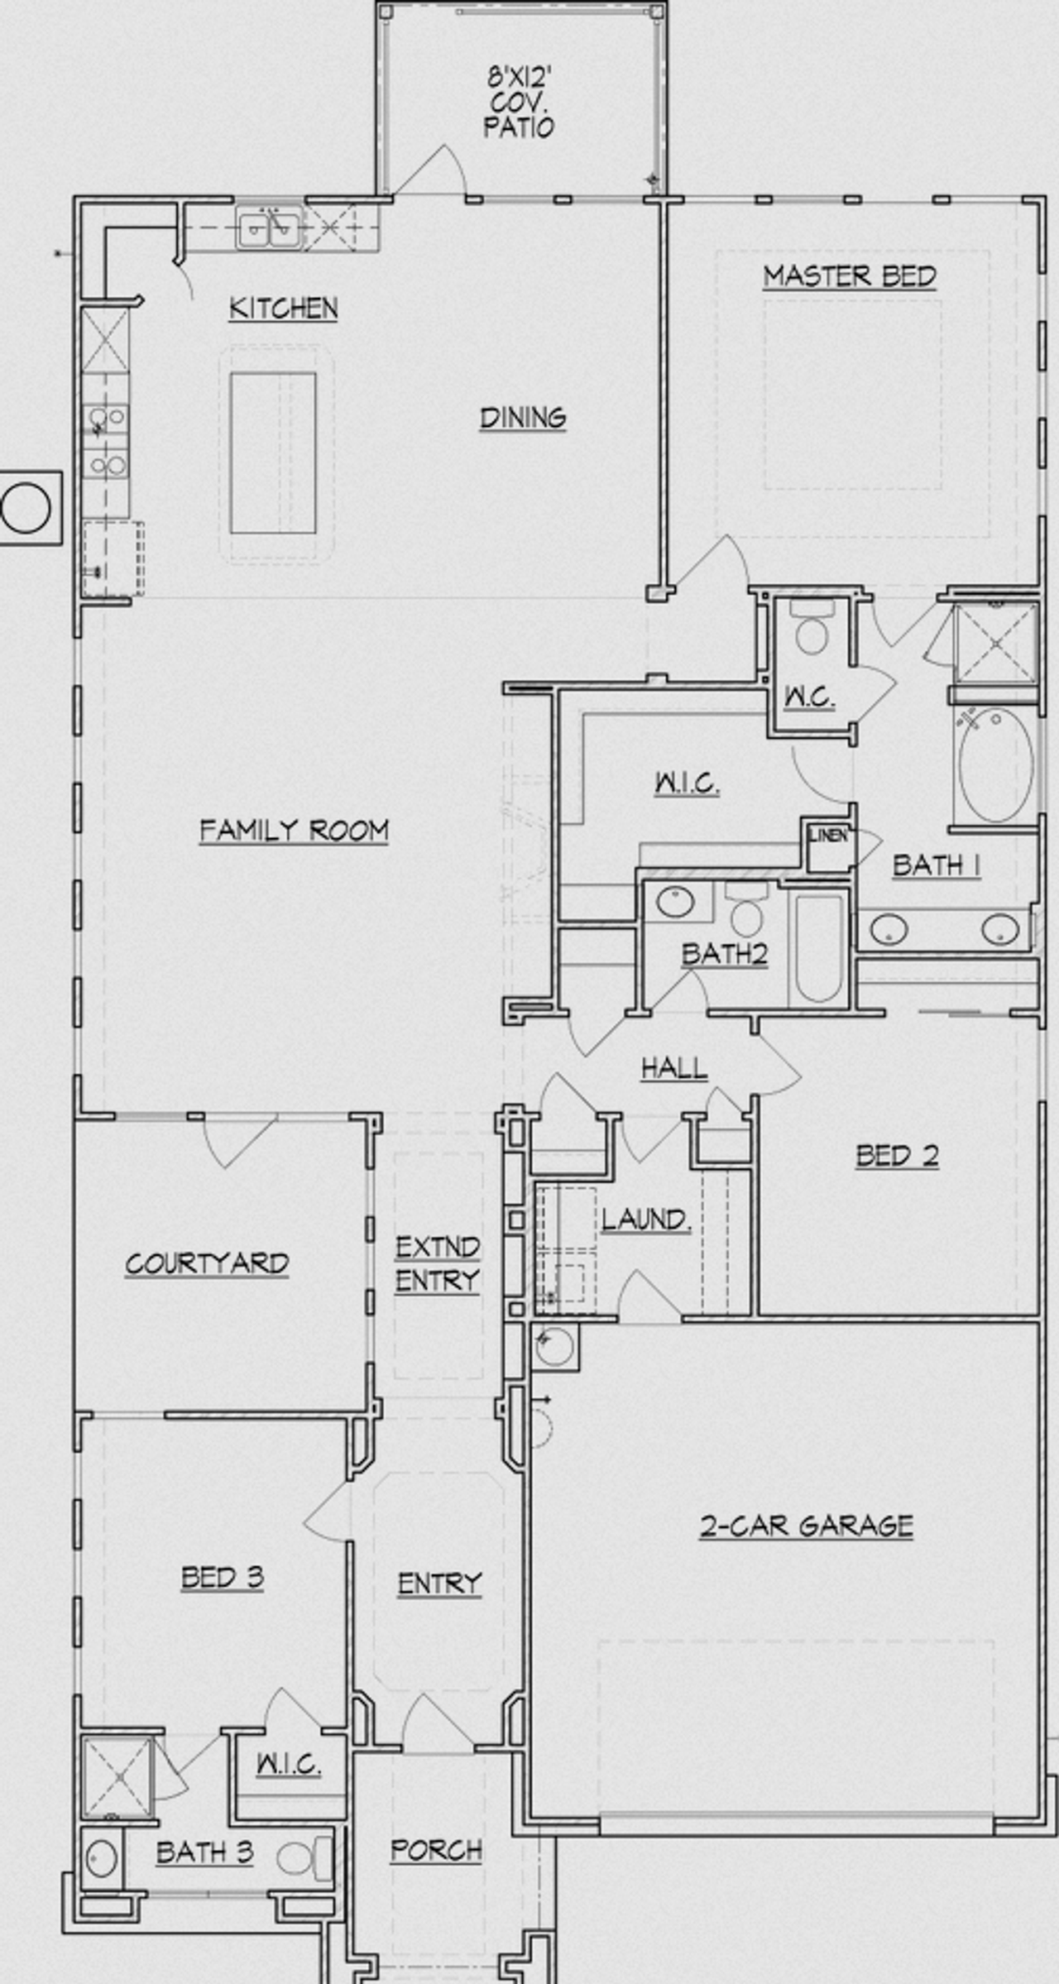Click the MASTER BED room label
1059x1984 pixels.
point(849,276)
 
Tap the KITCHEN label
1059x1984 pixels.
point(283,308)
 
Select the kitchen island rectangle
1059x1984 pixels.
point(273,453)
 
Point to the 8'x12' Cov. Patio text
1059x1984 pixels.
point(519,103)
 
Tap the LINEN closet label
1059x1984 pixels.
point(828,836)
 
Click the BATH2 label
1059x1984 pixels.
point(724,954)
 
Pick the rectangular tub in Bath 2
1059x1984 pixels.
point(819,947)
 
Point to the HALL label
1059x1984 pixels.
point(674,1068)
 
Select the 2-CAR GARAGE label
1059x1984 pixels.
point(807,1526)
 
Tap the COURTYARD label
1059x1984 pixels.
point(207,1263)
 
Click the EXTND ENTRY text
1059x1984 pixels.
point(437,1263)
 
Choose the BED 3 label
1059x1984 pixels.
point(222,1578)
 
